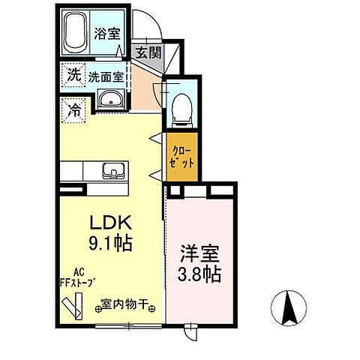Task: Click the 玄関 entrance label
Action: tap(147, 52)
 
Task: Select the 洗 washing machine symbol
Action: tap(73, 75)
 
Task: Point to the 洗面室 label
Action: tap(106, 76)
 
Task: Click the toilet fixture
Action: tap(180, 108)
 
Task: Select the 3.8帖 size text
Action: tap(199, 274)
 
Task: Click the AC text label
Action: tap(78, 273)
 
